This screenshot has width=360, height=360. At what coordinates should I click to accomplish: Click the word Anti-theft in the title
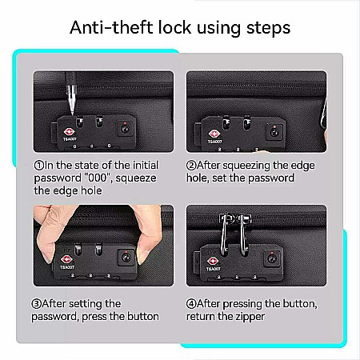coord(112,27)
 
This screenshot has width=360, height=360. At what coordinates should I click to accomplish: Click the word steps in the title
coord(268,29)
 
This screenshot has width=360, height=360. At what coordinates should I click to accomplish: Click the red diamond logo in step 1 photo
coord(70,132)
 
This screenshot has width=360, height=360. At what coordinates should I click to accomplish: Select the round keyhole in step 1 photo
coord(125,129)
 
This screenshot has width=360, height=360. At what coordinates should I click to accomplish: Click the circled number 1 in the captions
coord(39,166)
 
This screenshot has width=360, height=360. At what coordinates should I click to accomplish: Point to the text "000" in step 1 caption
coord(98,178)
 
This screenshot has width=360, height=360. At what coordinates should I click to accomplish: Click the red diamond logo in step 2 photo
coord(214,134)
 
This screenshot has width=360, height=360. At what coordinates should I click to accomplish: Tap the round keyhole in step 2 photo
coord(274,132)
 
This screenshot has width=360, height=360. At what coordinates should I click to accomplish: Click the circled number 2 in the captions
coord(191,166)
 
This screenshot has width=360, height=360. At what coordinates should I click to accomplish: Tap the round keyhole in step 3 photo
coord(126,258)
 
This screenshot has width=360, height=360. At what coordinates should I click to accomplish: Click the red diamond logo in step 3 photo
coord(66,260)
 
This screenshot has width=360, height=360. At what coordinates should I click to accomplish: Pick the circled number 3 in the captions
coord(37,304)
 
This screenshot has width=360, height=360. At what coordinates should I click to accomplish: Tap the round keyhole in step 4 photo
coord(272,258)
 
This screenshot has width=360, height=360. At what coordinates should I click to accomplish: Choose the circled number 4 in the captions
coord(191,304)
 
